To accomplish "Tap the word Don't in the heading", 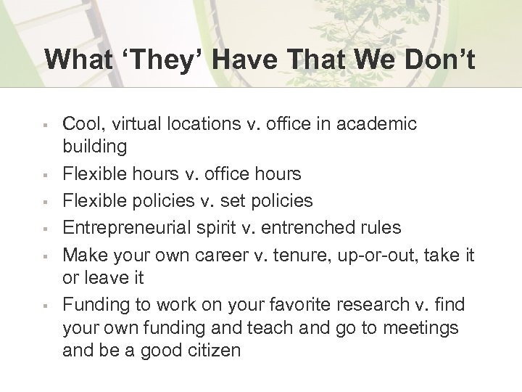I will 437,60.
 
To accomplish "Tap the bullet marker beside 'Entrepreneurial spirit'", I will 45,228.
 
